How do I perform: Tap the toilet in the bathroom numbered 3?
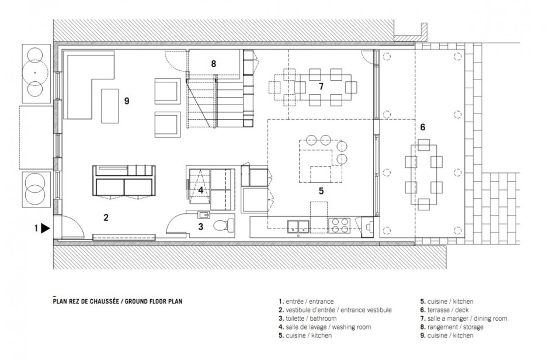(x=221, y=226)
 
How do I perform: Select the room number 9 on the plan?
(x=127, y=101)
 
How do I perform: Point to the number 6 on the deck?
(x=422, y=127)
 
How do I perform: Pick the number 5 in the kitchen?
(x=321, y=189)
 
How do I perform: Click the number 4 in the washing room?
(x=200, y=189)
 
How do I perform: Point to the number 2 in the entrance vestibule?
(x=106, y=217)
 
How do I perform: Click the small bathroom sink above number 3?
(x=202, y=214)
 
